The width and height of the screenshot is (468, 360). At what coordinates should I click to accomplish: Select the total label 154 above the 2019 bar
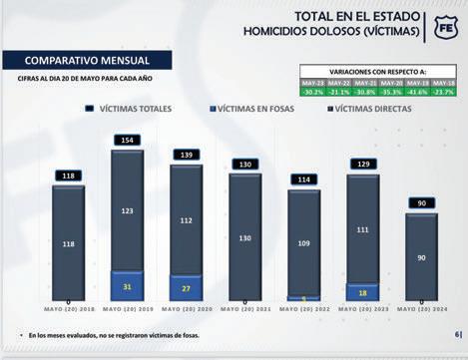(126, 140)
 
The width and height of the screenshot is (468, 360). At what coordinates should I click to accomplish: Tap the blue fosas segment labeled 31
(126, 286)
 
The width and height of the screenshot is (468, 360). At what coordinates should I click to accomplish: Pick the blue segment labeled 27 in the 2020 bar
(186, 288)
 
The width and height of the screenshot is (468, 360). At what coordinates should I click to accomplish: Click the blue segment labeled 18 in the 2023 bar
(363, 292)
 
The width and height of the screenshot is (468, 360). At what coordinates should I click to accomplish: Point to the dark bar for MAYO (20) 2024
(422, 257)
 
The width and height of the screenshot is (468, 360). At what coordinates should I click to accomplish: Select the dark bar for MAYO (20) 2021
(244, 238)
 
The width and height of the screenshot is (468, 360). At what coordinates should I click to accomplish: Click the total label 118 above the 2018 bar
(67, 176)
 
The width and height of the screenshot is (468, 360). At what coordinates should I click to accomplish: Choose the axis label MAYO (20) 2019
(126, 308)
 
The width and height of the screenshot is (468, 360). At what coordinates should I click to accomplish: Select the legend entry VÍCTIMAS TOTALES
(144, 106)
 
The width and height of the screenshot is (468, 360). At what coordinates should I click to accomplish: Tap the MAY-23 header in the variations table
(314, 82)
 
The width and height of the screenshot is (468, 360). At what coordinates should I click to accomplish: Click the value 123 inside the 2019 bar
(126, 211)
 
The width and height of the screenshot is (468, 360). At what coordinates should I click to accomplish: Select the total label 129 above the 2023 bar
(363, 164)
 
